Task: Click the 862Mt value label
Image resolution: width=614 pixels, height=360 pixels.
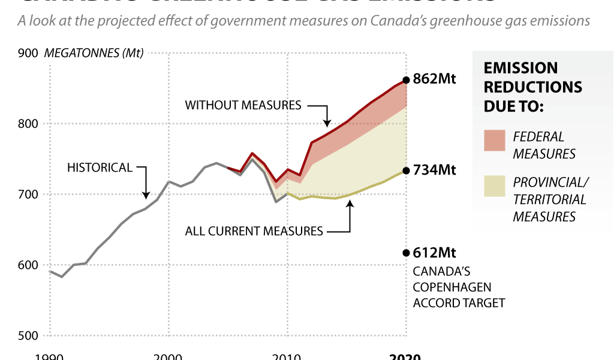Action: click(x=435, y=79)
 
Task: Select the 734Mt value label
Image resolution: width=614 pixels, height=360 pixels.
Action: click(x=435, y=170)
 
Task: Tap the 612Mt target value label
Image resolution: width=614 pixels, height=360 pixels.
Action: click(x=435, y=253)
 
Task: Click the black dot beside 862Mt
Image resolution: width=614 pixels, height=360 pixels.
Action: click(x=406, y=80)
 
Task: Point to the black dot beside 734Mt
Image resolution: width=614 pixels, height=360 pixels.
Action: click(x=406, y=170)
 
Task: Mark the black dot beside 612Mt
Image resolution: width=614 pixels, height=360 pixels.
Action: click(x=406, y=253)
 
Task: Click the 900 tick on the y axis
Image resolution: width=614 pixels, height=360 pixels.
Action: click(x=28, y=53)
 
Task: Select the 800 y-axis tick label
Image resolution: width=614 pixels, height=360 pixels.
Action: click(x=28, y=124)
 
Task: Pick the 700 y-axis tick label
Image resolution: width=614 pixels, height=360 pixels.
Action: click(x=28, y=194)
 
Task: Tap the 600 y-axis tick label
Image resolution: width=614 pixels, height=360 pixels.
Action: click(x=28, y=265)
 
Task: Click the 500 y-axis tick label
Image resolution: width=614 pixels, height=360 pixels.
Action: click(x=28, y=335)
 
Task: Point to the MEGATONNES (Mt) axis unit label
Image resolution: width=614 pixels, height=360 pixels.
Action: click(x=94, y=53)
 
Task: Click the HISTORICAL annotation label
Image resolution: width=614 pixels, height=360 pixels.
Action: click(x=100, y=167)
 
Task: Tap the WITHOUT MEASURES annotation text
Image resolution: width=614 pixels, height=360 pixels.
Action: click(x=243, y=105)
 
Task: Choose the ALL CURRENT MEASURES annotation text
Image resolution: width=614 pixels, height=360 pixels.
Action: click(x=254, y=231)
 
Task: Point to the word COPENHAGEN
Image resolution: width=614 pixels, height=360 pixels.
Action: click(x=452, y=287)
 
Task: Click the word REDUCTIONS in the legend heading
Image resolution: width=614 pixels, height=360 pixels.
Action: click(x=533, y=87)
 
